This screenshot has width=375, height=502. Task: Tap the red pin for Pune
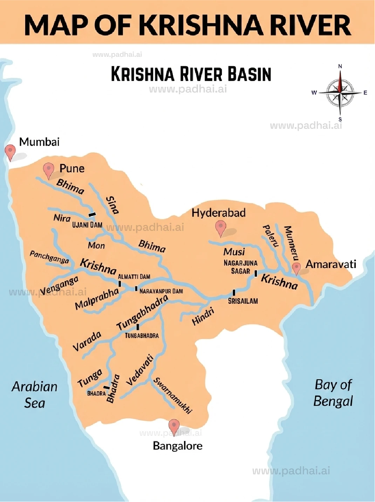coord(48,170)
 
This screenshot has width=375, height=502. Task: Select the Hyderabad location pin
coord(220,228)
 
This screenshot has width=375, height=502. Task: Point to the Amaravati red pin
coord(296,268)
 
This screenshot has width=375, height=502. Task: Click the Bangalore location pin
coord(174,426)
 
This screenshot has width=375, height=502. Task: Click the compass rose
coord(340,93)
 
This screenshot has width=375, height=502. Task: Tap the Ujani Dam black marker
coord(92,214)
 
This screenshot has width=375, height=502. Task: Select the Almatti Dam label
coord(134,277)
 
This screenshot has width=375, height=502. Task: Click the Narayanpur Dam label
coord(161,291)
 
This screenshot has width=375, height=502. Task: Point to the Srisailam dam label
coord(243,301)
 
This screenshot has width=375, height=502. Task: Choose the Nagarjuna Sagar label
coord(240,267)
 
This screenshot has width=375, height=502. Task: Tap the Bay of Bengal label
coord(333,393)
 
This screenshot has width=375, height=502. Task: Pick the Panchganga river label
coord(49,257)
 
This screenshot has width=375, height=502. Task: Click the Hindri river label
coord(203,317)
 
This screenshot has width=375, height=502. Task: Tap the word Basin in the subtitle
coord(249,74)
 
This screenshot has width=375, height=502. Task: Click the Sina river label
coord(112,205)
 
